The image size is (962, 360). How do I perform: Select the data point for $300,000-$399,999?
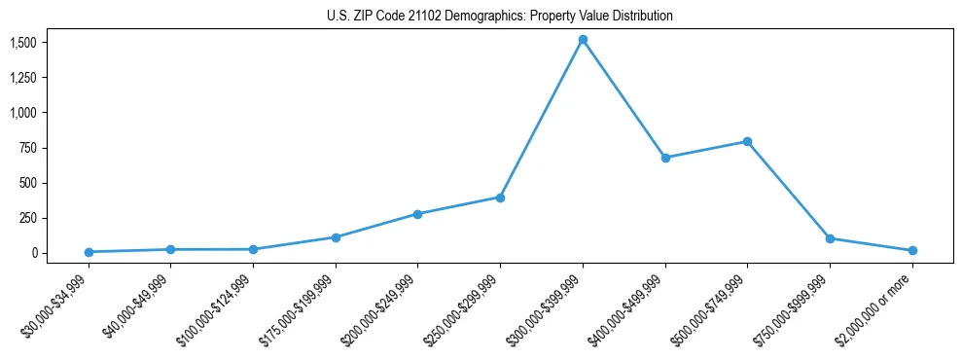[x=583, y=40]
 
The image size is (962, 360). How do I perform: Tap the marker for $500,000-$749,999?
[x=747, y=141]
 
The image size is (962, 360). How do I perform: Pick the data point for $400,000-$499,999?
[x=665, y=158]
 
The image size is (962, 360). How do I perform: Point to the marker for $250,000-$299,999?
[x=500, y=198]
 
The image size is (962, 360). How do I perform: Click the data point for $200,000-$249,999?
[x=417, y=214]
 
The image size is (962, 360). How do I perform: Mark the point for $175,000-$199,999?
[x=336, y=237]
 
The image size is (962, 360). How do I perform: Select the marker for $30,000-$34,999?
[x=89, y=252]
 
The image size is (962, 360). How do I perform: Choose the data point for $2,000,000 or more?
[x=912, y=251]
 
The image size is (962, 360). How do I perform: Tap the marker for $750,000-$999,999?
[x=830, y=238]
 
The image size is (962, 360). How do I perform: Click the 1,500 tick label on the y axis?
[x=23, y=43]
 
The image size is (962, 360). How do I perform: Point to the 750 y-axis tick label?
[x=27, y=148]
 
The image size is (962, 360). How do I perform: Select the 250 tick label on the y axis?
[x=27, y=218]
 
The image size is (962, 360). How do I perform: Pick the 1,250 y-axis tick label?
[x=23, y=78]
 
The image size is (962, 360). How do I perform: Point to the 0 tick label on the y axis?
[x=33, y=253]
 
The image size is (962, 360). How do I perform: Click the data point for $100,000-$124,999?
[x=253, y=249]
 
